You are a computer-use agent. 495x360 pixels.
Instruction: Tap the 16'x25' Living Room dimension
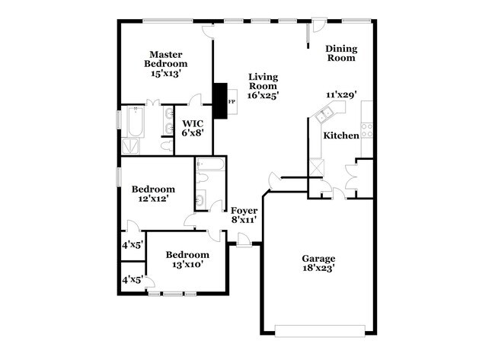[263, 96]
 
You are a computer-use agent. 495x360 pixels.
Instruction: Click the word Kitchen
[340, 135]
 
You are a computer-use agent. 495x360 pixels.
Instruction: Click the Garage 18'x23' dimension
[318, 268]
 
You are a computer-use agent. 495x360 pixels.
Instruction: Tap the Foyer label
[244, 210]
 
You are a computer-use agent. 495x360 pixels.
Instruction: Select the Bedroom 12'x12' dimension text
[152, 199]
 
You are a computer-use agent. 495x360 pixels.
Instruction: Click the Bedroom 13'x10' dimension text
[187, 264]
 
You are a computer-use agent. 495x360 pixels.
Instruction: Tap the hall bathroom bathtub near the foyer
[209, 165]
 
